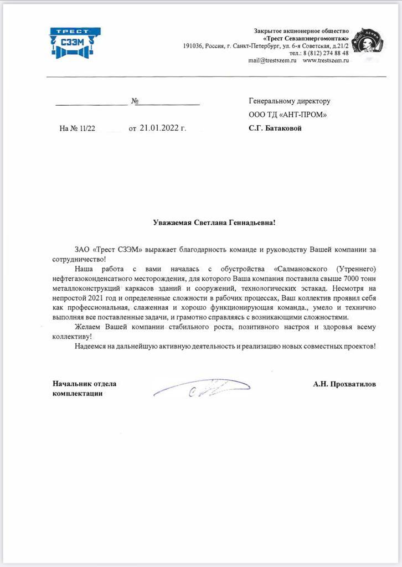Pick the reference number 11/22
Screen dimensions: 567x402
pyautogui.click(x=86, y=128)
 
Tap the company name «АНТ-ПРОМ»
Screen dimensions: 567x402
pyautogui.click(x=302, y=115)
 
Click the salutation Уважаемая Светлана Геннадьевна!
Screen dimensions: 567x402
pyautogui.click(x=214, y=223)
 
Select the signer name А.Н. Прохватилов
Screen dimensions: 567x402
pyautogui.click(x=344, y=383)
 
